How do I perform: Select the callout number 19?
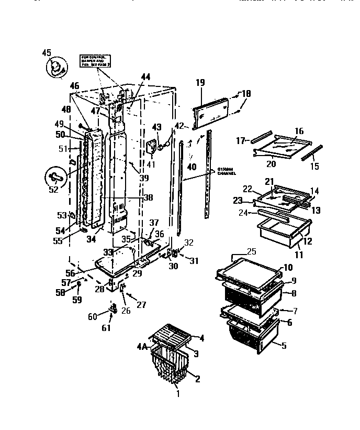200,83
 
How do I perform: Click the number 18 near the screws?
245,94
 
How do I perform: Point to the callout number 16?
299,131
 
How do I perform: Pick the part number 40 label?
192,168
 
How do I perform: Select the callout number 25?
252,252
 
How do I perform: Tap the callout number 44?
145,76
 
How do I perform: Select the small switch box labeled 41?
153,147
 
